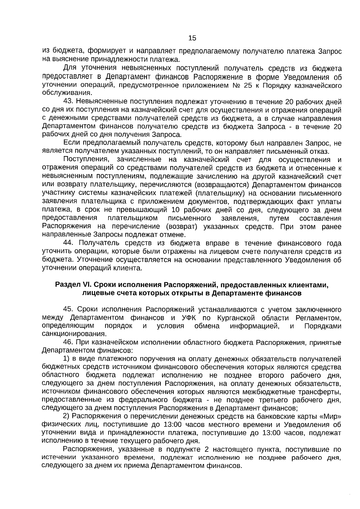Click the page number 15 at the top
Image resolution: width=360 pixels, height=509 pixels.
[192, 38]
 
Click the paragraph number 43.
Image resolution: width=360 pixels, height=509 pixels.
[68, 102]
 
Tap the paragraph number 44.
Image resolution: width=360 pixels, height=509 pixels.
[68, 243]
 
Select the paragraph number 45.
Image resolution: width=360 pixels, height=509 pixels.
[68, 309]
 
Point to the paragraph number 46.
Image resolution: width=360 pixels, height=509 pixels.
[68, 342]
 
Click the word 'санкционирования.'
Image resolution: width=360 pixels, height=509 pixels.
[74, 334]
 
